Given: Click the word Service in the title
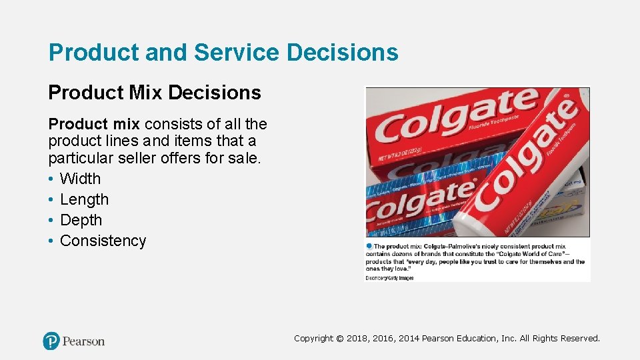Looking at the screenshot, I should [x=231, y=53].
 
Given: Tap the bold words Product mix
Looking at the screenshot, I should [x=94, y=124].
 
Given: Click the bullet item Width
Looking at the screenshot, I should [x=80, y=179].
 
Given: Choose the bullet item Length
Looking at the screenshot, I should [x=84, y=199].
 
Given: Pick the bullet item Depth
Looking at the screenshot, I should [x=81, y=220].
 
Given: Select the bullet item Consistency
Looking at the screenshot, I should [x=103, y=241].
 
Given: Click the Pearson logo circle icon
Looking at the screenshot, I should [x=51, y=341].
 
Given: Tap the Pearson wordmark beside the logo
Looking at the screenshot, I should [x=83, y=341].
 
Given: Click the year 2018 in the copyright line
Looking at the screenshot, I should [x=359, y=339].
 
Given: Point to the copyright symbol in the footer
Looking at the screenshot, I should [x=340, y=339].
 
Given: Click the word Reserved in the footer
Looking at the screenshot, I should [x=580, y=339].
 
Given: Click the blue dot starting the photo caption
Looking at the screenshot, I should [x=369, y=246].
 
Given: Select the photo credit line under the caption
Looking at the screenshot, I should [x=389, y=278].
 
